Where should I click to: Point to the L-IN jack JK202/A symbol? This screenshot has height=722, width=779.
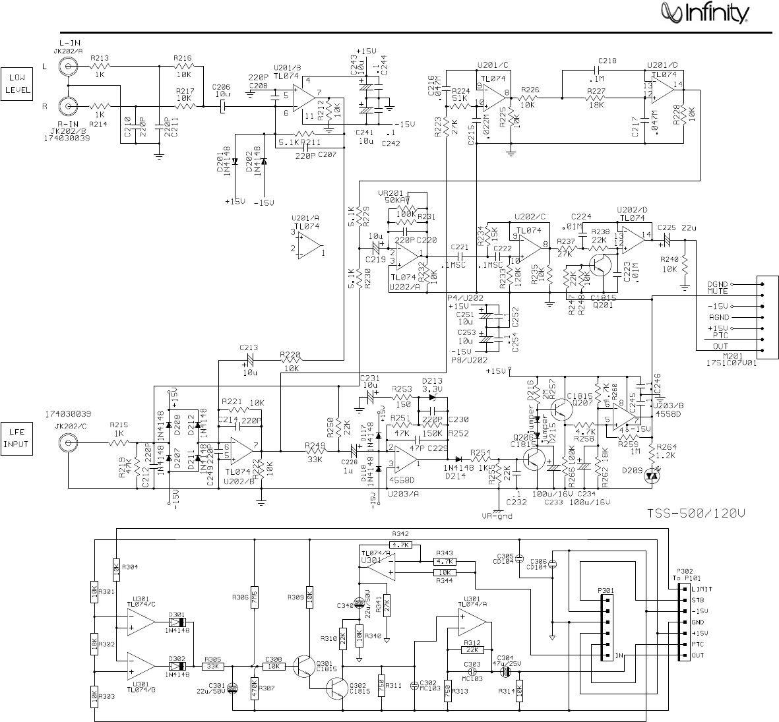point(67,66)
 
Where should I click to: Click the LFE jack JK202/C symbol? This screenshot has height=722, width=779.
point(67,444)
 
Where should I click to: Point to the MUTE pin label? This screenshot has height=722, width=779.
point(718,290)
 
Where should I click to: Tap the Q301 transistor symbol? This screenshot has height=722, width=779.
point(306,666)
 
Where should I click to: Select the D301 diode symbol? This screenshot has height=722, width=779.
point(177,622)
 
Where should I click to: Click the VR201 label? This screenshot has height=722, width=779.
point(391,193)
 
